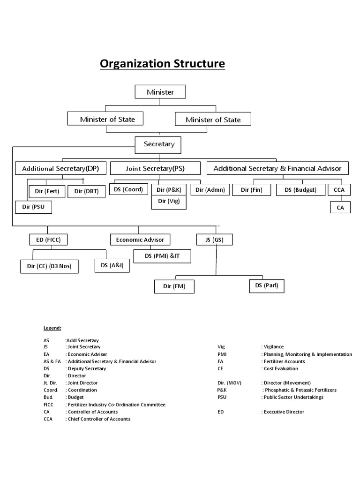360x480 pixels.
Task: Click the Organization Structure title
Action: [162, 63]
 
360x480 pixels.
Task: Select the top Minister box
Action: [160, 92]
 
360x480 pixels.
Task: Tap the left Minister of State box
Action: [107, 119]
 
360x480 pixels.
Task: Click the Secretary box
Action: [158, 144]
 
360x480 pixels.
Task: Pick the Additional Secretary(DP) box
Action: [61, 168]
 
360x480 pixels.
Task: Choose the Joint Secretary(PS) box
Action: [155, 168]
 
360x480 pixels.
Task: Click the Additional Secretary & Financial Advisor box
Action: [277, 168]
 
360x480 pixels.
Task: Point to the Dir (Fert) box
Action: [47, 191]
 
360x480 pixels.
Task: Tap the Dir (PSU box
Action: [33, 207]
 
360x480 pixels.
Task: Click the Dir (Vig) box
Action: [169, 202]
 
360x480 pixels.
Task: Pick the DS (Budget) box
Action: [300, 190]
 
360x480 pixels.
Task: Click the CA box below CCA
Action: [340, 207]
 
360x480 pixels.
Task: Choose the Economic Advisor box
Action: [140, 240]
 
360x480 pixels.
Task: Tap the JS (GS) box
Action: [214, 240]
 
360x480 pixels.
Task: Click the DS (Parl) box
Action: [267, 285]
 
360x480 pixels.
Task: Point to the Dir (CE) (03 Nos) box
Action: [49, 267]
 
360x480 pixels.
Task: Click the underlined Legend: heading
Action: [52, 328]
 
